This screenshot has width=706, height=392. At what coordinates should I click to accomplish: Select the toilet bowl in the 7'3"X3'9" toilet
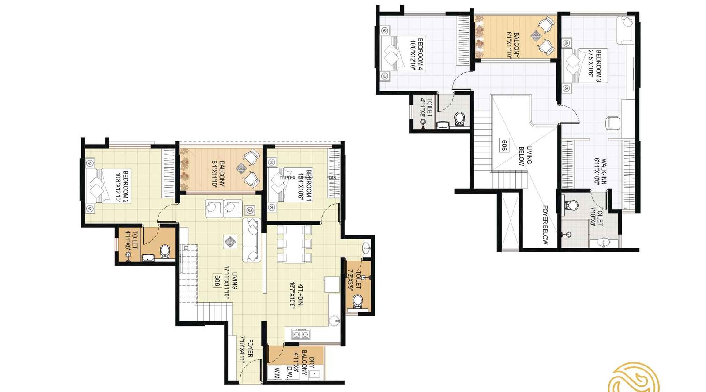pyautogui.click(x=357, y=301)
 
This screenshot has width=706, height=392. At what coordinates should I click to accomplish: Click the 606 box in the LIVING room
pyautogui.click(x=217, y=281)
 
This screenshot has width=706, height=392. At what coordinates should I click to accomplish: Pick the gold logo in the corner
pyautogui.click(x=634, y=379)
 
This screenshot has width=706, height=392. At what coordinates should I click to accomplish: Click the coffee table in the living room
pyautogui.click(x=230, y=241)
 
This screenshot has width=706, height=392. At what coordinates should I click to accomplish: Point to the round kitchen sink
pyautogui.click(x=334, y=320)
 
